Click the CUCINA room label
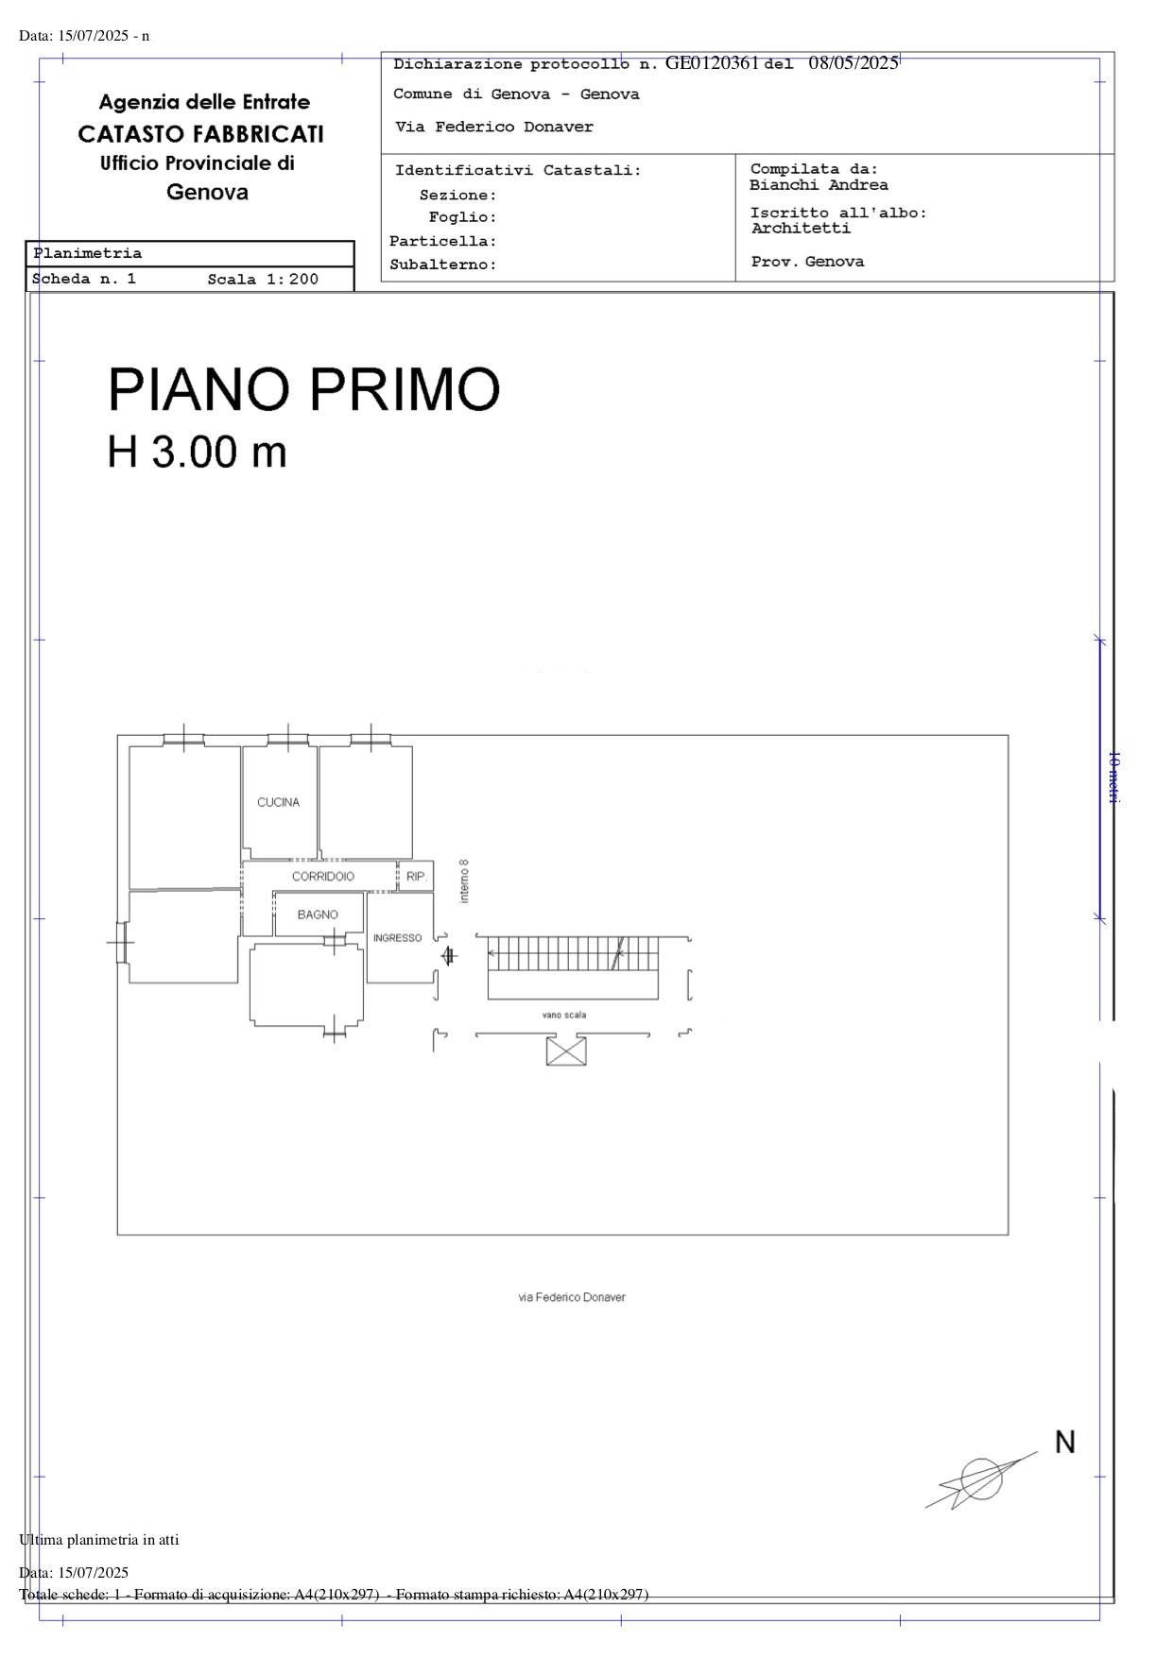tap(278, 802)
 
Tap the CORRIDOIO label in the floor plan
tap(323, 877)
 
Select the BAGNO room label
tap(318, 914)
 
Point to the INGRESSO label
tap(397, 938)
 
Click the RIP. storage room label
tap(417, 877)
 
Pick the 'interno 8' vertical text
tap(464, 880)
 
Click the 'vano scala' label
tap(564, 1015)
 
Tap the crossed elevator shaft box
tap(566, 1051)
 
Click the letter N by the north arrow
tap(1065, 1443)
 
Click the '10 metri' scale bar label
tap(1113, 778)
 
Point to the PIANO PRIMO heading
tap(303, 388)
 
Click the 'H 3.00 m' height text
tap(197, 452)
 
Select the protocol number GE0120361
tap(713, 63)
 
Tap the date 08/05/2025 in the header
tap(854, 63)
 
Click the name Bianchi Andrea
tap(819, 185)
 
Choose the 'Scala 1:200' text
tap(263, 279)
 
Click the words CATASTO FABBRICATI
tap(201, 134)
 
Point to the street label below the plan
tap(572, 1297)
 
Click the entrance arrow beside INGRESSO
tap(449, 955)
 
